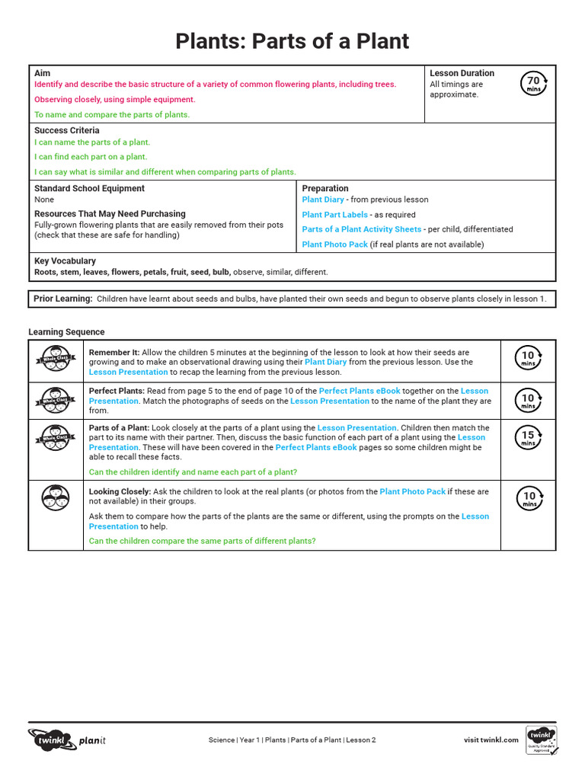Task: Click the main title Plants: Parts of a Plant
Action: [292, 40]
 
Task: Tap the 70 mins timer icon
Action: [533, 83]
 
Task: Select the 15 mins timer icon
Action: [529, 438]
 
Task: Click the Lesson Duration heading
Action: [462, 73]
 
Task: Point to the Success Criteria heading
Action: [66, 130]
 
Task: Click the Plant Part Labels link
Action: [334, 215]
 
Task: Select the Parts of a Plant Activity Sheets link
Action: [361, 229]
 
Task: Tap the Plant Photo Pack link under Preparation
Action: [334, 245]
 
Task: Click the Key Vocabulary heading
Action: [65, 261]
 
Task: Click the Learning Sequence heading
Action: [66, 332]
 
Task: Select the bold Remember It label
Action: [114, 353]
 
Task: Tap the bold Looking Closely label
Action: [120, 492]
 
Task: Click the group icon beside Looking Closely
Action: [56, 498]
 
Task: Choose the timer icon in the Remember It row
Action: [529, 357]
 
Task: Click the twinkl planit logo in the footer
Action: [66, 740]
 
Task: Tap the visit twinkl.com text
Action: [491, 740]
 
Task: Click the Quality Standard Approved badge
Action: [541, 740]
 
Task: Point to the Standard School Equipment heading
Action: [89, 188]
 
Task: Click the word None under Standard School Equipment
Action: [44, 200]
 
